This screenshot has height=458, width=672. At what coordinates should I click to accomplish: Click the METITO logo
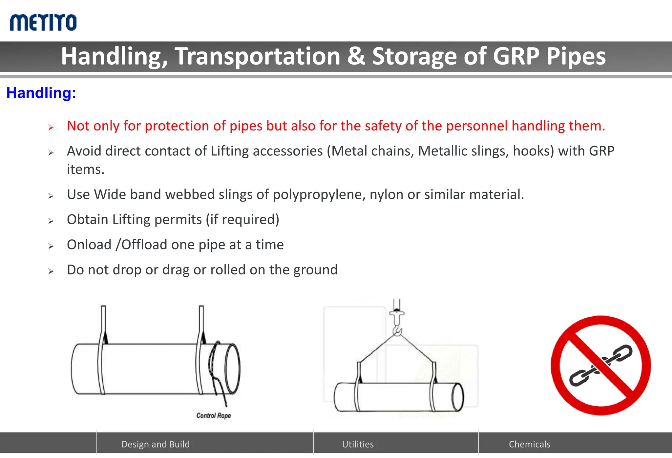click(x=43, y=23)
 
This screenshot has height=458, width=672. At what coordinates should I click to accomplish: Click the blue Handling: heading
click(x=41, y=93)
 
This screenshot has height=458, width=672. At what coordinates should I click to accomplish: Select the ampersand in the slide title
click(x=356, y=56)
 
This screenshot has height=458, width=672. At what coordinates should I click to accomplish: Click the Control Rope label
click(x=213, y=416)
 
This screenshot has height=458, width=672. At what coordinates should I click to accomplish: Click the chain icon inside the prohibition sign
click(x=601, y=365)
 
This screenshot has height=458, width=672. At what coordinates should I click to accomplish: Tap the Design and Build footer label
click(x=156, y=444)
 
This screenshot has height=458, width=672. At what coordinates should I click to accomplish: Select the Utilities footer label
click(x=358, y=444)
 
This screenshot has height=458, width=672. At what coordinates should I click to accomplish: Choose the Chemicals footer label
click(x=529, y=444)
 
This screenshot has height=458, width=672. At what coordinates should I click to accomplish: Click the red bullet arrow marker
click(x=51, y=127)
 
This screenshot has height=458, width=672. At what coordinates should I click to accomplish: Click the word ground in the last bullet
click(x=315, y=270)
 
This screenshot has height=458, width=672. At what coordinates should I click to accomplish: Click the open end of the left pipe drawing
click(x=232, y=368)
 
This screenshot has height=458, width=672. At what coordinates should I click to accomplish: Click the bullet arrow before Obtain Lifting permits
click(x=51, y=221)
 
